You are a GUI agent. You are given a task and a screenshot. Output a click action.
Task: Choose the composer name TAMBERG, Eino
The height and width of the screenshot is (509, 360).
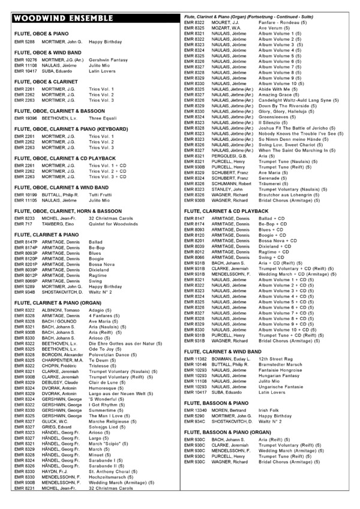coord(59,225)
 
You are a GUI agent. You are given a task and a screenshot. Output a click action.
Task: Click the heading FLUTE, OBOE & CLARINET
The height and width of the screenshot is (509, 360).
coord(47,81)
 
